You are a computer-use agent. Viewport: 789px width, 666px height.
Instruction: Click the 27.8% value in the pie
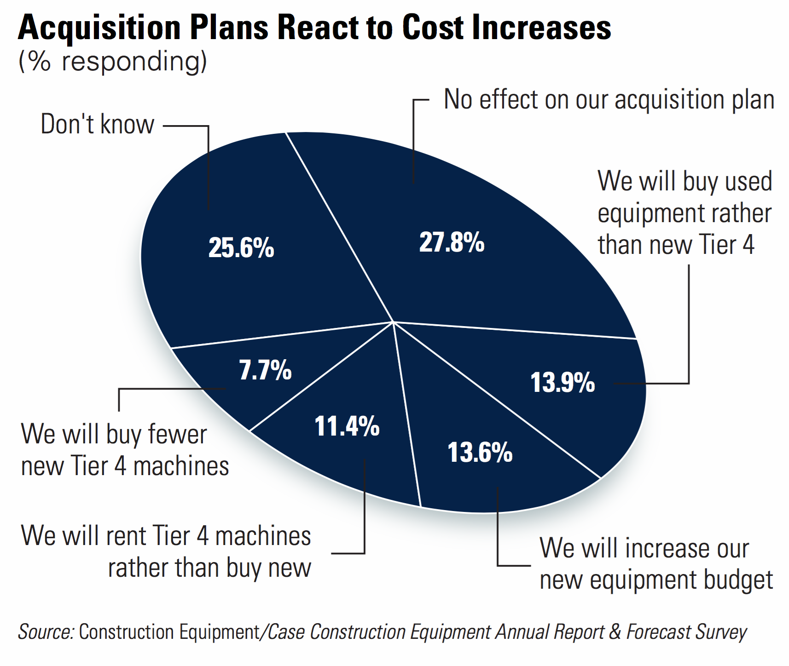(452, 242)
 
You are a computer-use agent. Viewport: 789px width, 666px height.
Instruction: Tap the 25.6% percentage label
(241, 248)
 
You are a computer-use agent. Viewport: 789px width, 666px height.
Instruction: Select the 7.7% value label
(265, 370)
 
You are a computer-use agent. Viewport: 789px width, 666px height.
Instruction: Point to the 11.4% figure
(347, 426)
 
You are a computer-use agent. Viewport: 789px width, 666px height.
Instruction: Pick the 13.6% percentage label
(480, 453)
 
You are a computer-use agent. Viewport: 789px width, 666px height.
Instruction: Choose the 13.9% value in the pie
(563, 383)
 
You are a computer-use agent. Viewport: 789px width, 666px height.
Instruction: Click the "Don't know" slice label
(97, 124)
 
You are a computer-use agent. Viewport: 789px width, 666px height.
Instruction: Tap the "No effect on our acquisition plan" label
(609, 99)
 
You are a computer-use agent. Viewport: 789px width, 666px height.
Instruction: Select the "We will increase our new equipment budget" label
(656, 564)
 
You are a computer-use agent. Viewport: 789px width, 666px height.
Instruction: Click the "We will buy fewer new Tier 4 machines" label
(125, 450)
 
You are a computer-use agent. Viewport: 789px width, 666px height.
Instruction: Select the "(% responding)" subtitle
(113, 62)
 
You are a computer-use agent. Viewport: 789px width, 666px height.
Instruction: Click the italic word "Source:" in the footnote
(46, 632)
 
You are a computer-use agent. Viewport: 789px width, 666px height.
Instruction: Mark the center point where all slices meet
(394, 322)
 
